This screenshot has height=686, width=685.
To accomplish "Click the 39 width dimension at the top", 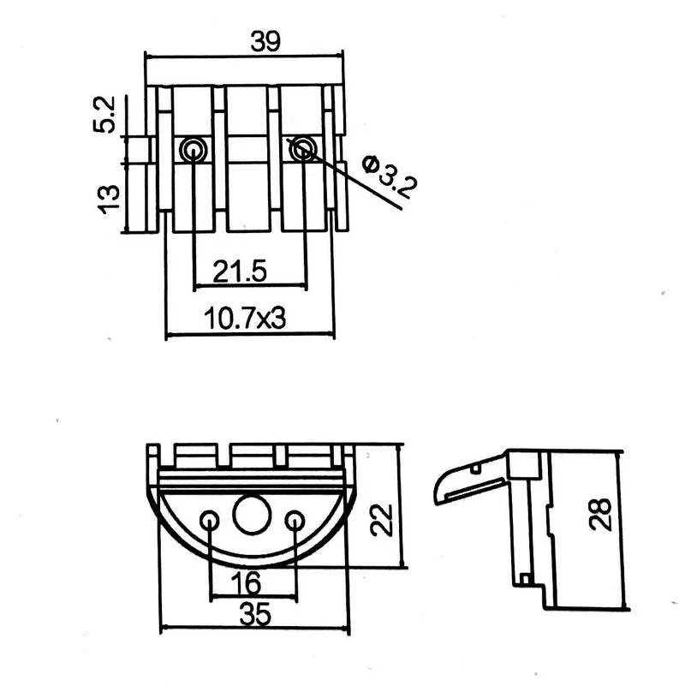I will coord(264,40).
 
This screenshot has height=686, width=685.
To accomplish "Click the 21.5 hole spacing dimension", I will coord(241,272).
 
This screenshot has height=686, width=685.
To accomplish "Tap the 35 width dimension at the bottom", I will coord(255,613).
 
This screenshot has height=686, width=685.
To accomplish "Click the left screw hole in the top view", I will coord(193,151).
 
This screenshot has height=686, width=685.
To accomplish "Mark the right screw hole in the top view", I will coord(301,151).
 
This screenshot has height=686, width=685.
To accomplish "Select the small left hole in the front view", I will coord(209,521).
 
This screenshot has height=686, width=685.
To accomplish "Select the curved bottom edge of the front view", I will coord(253,564).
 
